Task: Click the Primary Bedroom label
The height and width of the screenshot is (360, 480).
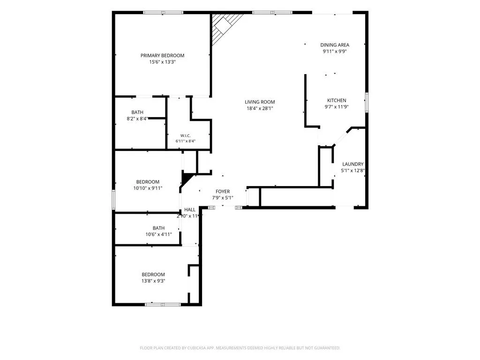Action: [x=162, y=55]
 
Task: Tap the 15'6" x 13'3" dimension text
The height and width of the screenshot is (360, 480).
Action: [x=162, y=62]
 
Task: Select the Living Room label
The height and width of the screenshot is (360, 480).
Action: [x=260, y=102]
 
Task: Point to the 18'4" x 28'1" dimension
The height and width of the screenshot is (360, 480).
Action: [x=260, y=108]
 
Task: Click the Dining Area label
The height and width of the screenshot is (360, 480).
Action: [x=335, y=45]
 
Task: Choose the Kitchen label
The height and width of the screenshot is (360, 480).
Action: [x=337, y=100]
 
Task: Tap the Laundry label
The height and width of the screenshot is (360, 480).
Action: [x=352, y=164]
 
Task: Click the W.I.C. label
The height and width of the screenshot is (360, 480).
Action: [x=185, y=135]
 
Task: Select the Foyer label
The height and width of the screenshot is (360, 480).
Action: [x=223, y=192]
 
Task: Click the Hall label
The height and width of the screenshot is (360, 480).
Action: [x=190, y=210]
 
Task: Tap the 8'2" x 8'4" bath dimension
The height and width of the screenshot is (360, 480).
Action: [x=137, y=119]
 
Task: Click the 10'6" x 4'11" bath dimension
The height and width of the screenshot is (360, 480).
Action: [x=158, y=234]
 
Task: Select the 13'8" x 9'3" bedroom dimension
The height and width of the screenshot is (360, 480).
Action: [x=153, y=281]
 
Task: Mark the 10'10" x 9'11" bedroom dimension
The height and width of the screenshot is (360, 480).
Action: [x=148, y=188]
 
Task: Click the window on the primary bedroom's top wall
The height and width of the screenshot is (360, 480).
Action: [x=163, y=13]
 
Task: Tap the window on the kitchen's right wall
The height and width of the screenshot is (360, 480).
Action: [x=367, y=102]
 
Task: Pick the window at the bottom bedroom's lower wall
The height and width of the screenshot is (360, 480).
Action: [x=163, y=304]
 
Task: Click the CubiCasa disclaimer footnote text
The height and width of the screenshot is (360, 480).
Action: [x=240, y=348]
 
